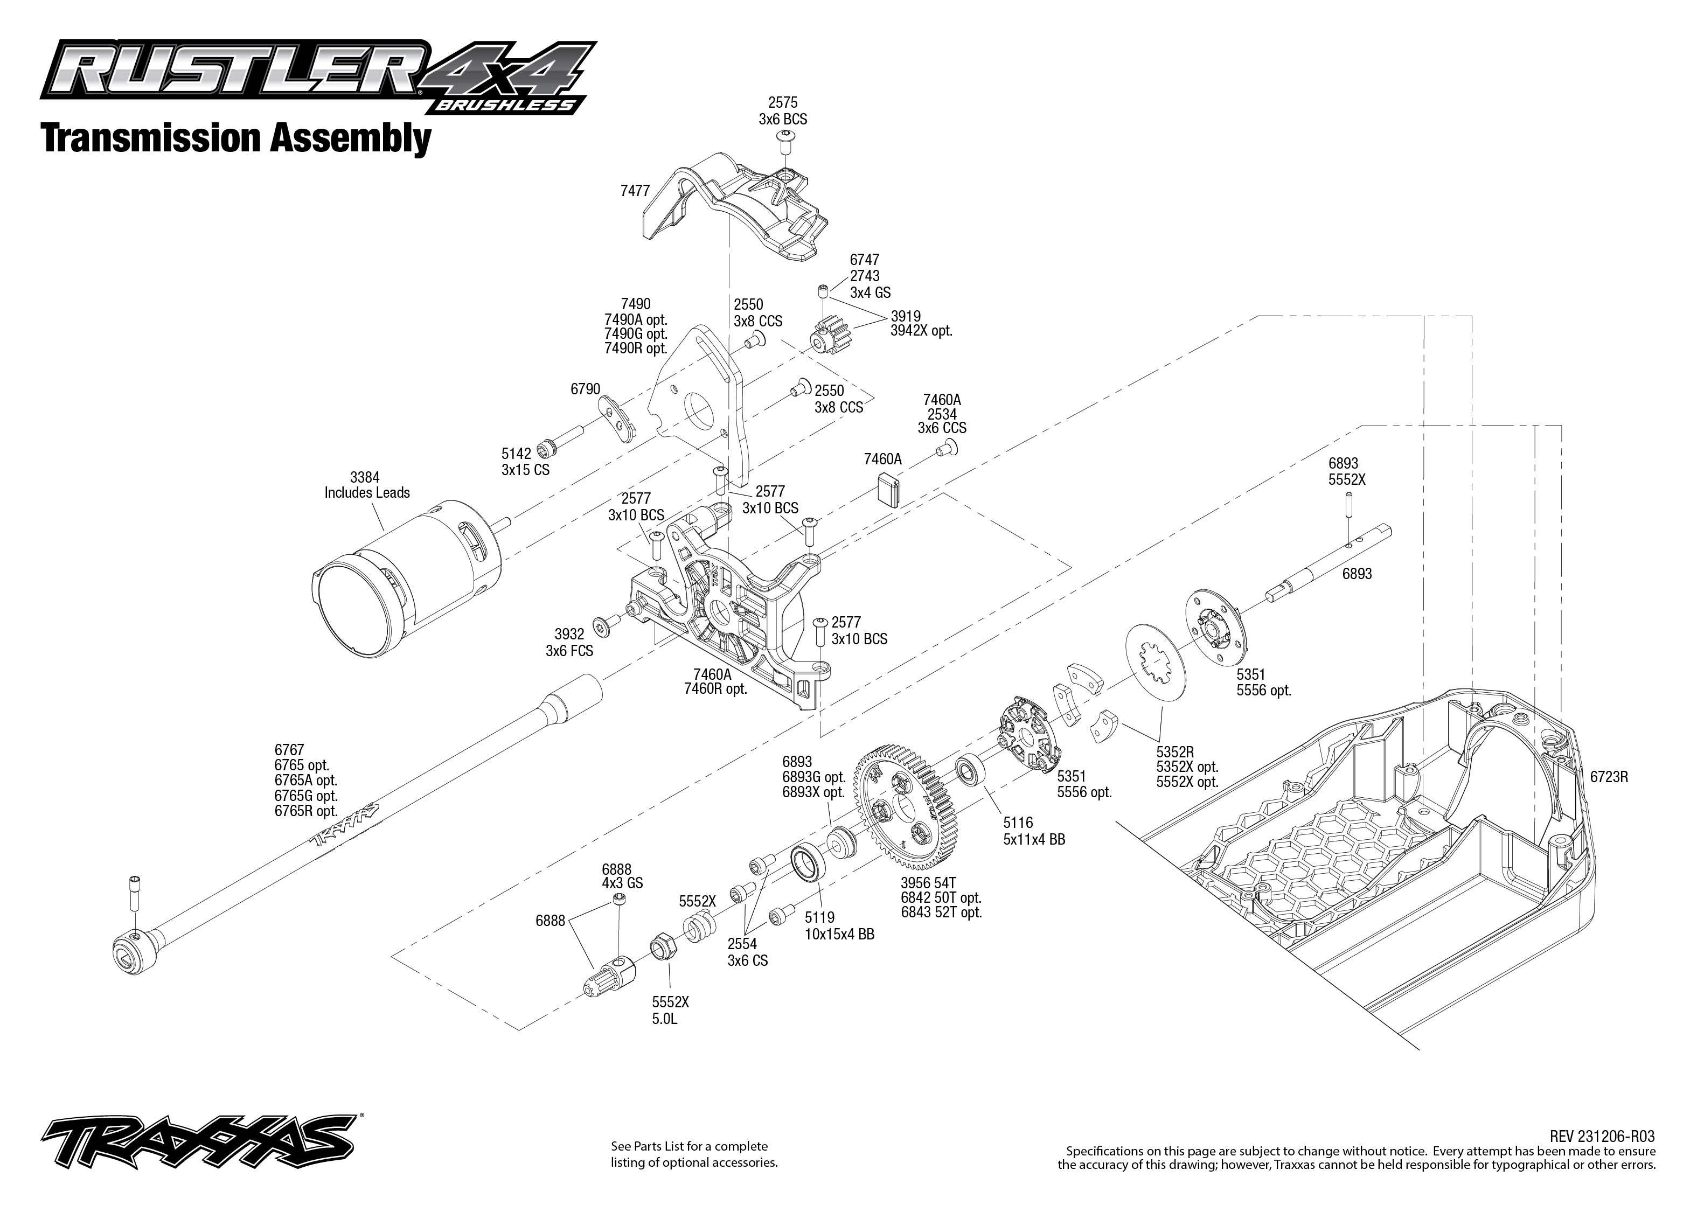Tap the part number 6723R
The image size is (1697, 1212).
coord(1608,776)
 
